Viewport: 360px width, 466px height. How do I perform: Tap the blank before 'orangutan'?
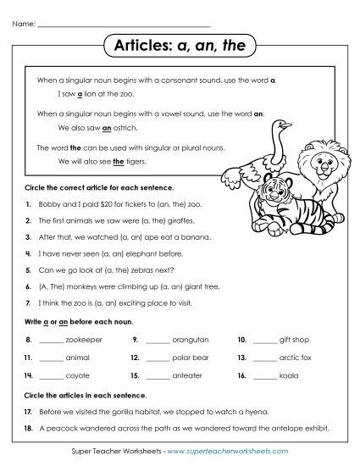coord(158,340)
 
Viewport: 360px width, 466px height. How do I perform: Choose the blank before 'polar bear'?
coord(158,357)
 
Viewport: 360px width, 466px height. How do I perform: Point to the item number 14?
coord(28,374)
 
